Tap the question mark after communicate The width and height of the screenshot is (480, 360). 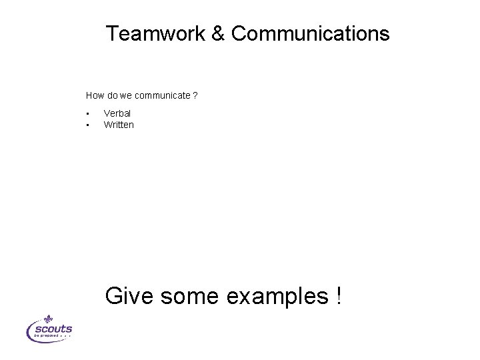tap(195, 95)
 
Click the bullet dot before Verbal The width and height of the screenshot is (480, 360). tap(87, 114)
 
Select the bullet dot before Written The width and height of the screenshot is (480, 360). tap(87, 125)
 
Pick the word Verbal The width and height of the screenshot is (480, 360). tap(117, 114)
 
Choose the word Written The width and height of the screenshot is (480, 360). tap(119, 125)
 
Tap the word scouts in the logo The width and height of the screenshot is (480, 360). tap(53, 329)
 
